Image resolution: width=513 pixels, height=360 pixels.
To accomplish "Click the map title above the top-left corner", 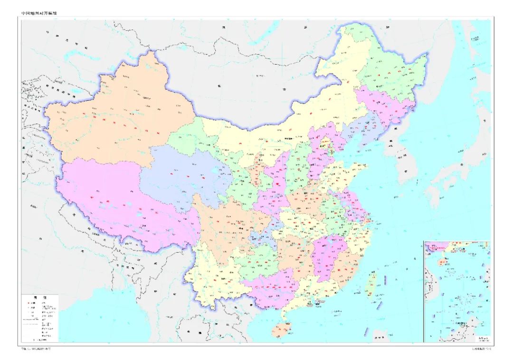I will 42,14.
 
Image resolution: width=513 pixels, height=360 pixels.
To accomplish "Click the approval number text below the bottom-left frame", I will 36,349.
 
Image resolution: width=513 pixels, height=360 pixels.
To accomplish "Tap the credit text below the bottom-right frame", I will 479,349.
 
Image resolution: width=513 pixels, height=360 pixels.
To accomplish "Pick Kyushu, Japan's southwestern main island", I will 435,195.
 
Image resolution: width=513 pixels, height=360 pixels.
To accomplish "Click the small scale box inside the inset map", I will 482,337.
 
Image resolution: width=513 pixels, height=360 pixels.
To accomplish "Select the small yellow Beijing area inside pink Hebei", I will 326,141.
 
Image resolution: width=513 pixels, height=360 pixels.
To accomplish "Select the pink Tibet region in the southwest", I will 119,199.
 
